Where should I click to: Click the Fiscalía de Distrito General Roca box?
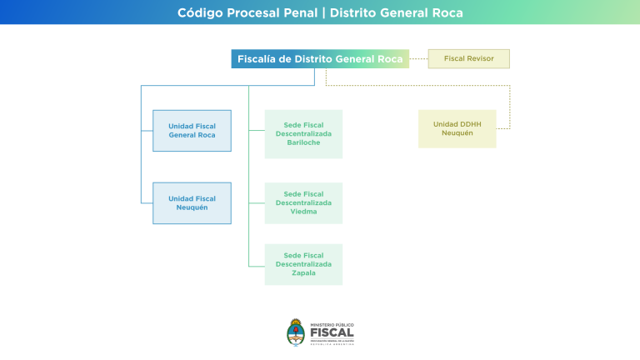[x=320, y=59]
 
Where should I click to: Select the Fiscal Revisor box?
[x=468, y=59]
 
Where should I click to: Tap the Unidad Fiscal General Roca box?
[x=192, y=131]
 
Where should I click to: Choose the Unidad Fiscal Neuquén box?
[x=192, y=203]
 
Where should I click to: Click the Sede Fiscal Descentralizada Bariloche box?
[x=303, y=134]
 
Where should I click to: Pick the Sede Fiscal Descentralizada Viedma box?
[x=303, y=203]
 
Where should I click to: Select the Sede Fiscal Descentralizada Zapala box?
[x=303, y=264]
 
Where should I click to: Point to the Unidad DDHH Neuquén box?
[x=457, y=129]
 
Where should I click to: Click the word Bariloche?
[x=303, y=142]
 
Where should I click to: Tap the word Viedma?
[x=303, y=212]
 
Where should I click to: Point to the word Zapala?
[x=303, y=273]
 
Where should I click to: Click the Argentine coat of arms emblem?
[x=296, y=332]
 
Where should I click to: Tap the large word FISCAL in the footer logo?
[x=332, y=332]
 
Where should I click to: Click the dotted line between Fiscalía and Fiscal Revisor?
[x=418, y=59]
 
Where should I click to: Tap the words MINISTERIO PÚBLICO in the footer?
[x=332, y=324]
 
